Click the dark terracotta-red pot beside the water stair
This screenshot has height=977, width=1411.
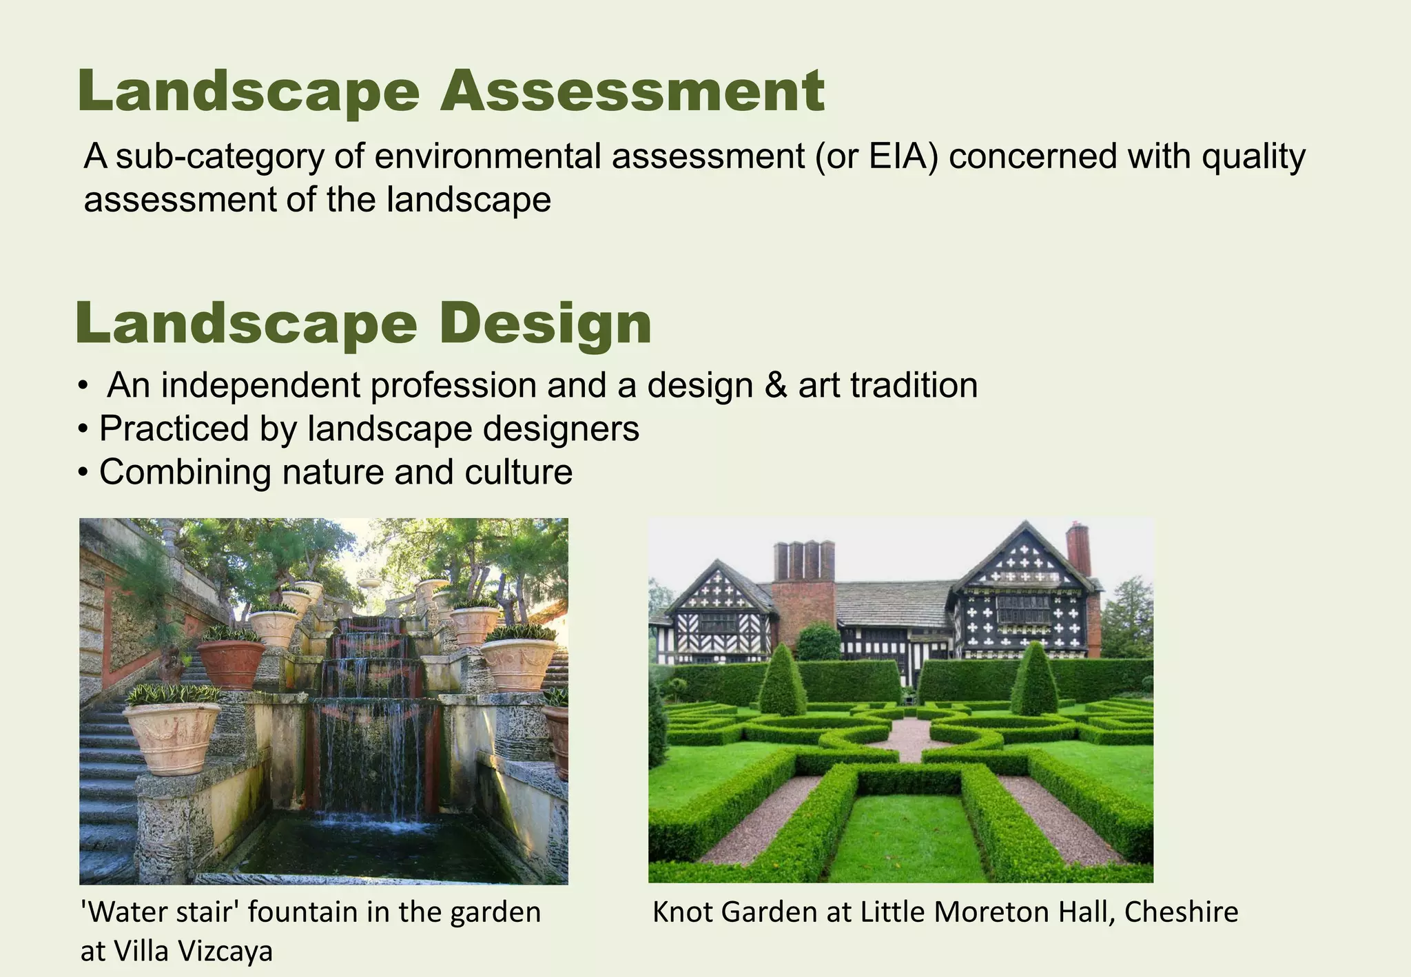[231, 664]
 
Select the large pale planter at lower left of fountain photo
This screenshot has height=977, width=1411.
[172, 736]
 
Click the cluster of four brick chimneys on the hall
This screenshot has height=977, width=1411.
[804, 562]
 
